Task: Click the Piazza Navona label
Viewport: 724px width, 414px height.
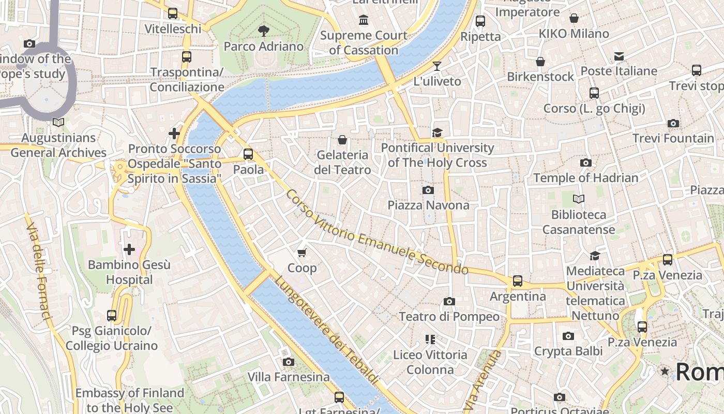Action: (x=428, y=205)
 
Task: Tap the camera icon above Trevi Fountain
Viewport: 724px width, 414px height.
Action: (x=673, y=123)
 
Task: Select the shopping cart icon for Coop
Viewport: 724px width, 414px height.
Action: (x=302, y=253)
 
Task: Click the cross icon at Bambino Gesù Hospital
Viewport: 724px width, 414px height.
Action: (x=129, y=249)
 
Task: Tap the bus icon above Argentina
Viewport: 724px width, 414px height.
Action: (x=518, y=281)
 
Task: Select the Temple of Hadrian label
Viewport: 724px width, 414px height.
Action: (x=585, y=178)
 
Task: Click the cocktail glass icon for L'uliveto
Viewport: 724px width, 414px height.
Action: (x=437, y=66)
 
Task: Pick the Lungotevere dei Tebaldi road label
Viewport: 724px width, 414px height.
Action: (x=327, y=330)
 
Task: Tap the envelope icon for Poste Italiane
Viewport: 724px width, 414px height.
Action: (x=619, y=56)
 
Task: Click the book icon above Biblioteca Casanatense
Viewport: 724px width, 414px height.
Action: (x=578, y=199)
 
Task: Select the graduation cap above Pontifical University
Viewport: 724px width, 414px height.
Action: (x=438, y=132)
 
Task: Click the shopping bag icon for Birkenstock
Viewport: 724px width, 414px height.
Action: (x=540, y=62)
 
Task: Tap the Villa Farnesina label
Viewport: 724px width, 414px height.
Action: (x=289, y=377)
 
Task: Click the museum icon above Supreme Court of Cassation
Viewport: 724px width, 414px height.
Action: (x=364, y=20)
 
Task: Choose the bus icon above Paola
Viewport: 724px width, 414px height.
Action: (x=248, y=154)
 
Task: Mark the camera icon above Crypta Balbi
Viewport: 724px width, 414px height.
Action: (x=568, y=336)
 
